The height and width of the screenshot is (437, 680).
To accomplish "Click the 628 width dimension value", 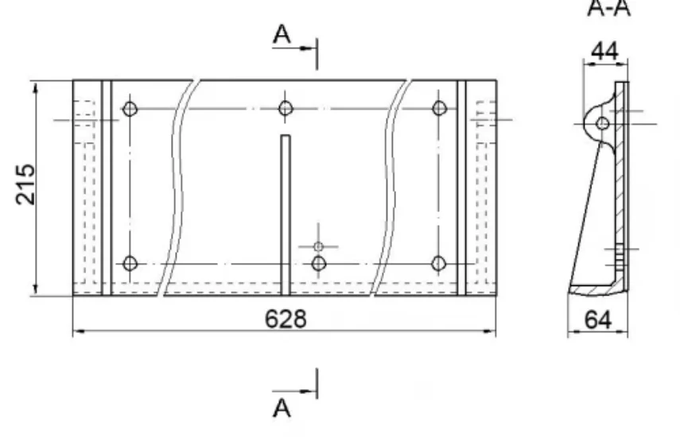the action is point(286,319).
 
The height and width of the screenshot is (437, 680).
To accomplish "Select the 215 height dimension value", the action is point(25,184).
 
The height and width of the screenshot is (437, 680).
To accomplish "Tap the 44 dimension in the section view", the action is point(604,52).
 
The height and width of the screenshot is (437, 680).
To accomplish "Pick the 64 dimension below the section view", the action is point(598,320).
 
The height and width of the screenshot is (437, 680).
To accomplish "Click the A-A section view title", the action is point(608,9).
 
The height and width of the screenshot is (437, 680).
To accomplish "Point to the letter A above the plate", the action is point(282,34).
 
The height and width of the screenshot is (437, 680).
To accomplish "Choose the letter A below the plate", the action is point(282,408).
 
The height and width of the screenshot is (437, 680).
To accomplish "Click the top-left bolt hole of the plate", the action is point(130,109).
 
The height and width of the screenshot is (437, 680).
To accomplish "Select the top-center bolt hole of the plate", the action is point(286,108).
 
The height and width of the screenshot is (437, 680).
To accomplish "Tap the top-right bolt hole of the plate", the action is point(439,108).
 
